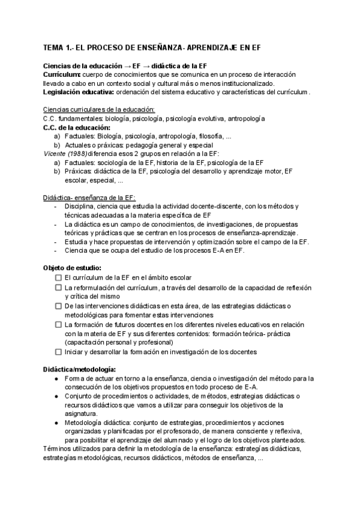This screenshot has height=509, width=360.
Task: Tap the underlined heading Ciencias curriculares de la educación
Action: (x=99, y=110)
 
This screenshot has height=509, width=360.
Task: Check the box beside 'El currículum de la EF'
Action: (x=58, y=278)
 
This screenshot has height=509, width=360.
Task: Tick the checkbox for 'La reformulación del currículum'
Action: (x=58, y=288)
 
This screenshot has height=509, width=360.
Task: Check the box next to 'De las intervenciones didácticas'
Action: (x=58, y=306)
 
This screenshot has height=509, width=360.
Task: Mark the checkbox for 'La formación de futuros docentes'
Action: (x=58, y=324)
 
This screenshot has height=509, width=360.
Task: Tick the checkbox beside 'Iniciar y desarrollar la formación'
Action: (x=58, y=351)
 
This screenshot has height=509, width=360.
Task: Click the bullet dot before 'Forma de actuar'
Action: (x=56, y=379)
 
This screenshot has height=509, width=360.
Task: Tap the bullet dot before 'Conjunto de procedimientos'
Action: (x=56, y=397)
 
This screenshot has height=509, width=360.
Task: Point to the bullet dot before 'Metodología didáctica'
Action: (x=56, y=423)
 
